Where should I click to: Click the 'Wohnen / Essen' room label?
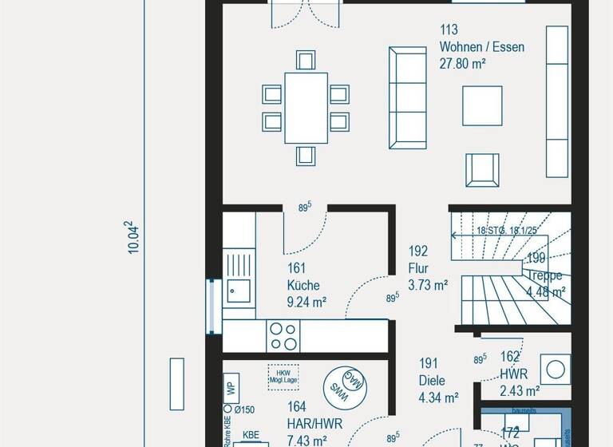point(481,47)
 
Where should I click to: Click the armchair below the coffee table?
point(482,169)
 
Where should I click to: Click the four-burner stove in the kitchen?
point(283,336)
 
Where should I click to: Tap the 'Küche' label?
point(303,285)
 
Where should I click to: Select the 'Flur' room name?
point(418,268)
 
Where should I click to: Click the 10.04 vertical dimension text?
point(134,238)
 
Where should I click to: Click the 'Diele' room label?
point(431,381)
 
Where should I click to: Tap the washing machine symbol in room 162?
point(556,368)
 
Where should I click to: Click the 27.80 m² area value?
point(463,64)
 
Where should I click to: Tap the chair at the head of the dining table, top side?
point(305,60)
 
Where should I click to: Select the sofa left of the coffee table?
point(406,97)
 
